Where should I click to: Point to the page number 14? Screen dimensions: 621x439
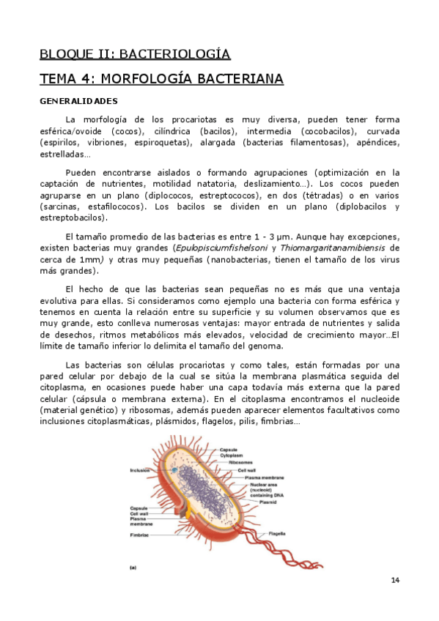click(395, 581)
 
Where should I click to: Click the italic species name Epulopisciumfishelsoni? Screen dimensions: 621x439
click(215, 248)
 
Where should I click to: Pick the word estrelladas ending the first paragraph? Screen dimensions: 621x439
click(66, 155)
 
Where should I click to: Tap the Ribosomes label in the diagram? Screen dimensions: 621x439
click(240, 463)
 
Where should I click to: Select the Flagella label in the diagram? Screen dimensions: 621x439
click(277, 533)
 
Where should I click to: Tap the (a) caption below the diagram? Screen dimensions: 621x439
click(133, 567)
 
